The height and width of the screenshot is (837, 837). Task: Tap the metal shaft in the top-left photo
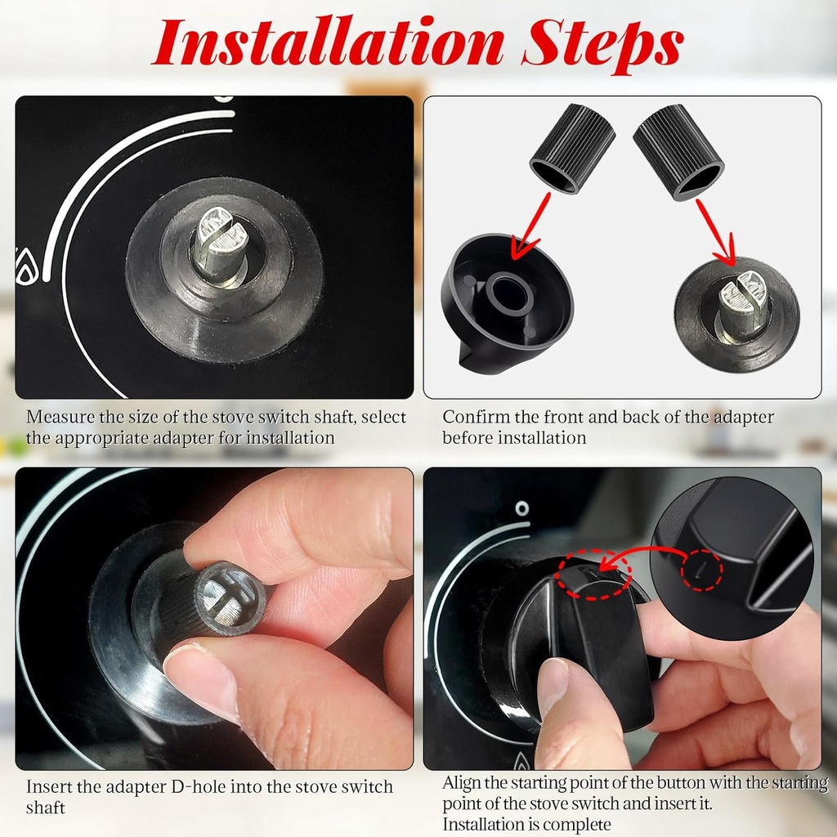[x=220, y=245]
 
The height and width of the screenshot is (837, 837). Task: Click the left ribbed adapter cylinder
[x=572, y=147]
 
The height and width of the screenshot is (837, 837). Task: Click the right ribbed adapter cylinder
[x=678, y=151]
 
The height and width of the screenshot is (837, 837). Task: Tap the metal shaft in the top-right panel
[x=742, y=306]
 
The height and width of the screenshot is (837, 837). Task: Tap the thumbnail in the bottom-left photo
[x=200, y=678]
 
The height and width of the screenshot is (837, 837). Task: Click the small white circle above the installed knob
[x=521, y=508]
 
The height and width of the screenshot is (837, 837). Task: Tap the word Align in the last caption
[x=463, y=783]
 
